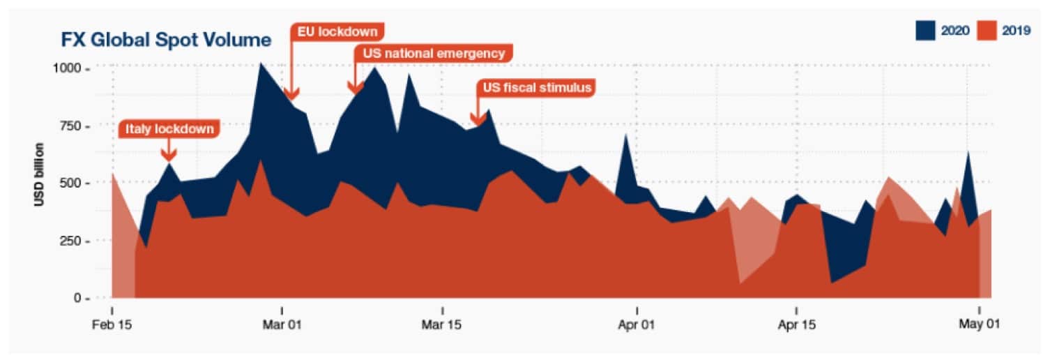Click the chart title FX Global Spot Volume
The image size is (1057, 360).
click(167, 40)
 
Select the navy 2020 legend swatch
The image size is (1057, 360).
click(925, 30)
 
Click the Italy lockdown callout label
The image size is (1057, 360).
click(169, 129)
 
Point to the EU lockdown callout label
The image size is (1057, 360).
click(337, 31)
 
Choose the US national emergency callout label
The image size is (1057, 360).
click(434, 54)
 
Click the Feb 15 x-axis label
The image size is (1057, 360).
click(112, 325)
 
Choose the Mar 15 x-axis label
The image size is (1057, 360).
click(442, 325)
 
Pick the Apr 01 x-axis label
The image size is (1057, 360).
click(637, 325)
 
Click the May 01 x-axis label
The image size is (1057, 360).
click(979, 325)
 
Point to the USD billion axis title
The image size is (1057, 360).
click(40, 174)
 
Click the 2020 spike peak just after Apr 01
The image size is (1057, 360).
click(625, 135)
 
